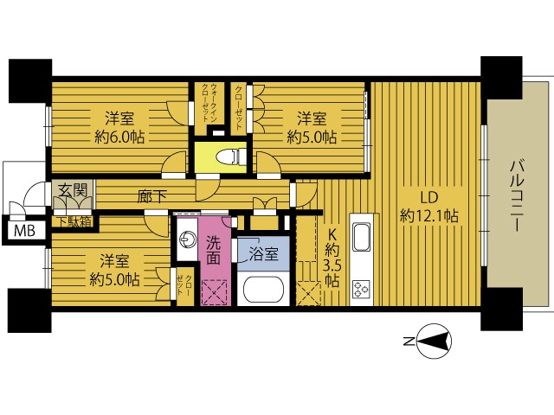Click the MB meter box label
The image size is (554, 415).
(24, 232)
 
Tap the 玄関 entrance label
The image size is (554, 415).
(73, 190)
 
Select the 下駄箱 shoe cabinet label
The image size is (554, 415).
(74, 222)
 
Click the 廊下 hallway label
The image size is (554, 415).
(152, 196)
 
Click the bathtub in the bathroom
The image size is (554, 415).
(264, 290)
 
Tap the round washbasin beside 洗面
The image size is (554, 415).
(187, 240)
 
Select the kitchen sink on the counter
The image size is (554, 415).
(362, 237)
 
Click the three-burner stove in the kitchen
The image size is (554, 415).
(361, 289)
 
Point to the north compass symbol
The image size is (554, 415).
(435, 342)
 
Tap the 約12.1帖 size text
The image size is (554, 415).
(429, 215)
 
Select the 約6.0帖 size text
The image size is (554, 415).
(119, 137)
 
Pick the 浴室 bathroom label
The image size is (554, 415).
(263, 253)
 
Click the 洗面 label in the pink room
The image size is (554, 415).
(214, 251)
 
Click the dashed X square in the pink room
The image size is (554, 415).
(214, 292)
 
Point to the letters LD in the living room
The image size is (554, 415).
(429, 198)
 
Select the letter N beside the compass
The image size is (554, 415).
(409, 342)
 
